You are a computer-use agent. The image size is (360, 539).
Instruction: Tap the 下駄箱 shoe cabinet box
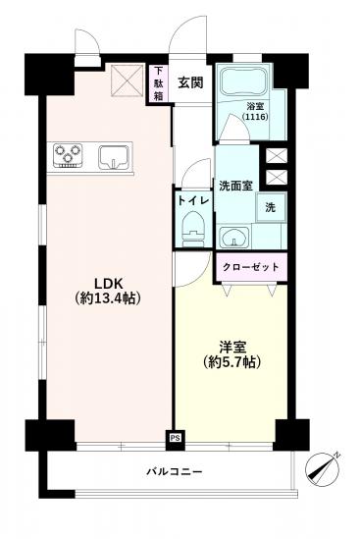pos(159,82)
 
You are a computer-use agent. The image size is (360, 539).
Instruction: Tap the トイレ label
pos(191,199)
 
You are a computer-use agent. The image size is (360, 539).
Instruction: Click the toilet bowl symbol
pos(192,229)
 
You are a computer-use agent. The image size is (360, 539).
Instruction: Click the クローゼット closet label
pos(251,267)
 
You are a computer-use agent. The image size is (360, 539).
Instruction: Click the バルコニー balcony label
pos(175,472)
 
